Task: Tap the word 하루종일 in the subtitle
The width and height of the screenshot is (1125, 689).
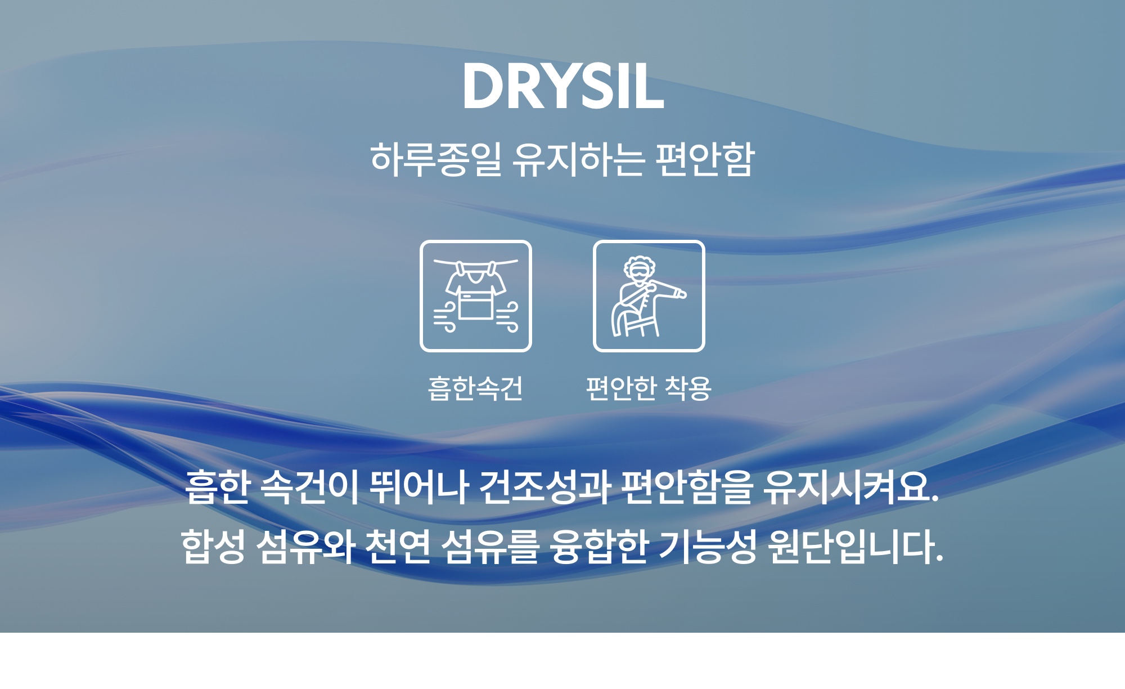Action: point(436,159)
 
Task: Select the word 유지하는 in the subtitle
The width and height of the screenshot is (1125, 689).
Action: point(578,159)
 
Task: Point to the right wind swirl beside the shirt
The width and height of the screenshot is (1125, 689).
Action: point(507,317)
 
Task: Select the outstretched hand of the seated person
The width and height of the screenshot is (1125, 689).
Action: point(681,293)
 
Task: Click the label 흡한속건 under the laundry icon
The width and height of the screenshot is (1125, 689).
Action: point(475,388)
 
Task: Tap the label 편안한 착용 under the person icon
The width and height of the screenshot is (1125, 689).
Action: point(649,388)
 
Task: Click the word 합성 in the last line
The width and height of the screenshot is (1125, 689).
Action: point(213,546)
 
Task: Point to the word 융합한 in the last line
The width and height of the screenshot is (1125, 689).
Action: point(600,546)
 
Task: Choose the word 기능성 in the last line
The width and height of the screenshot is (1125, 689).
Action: point(708,546)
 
